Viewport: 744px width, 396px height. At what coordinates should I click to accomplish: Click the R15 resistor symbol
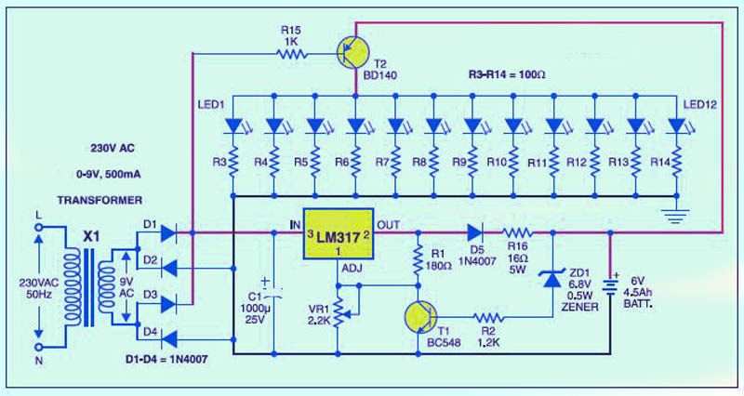point(292,55)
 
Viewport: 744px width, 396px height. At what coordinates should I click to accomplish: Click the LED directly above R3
point(234,126)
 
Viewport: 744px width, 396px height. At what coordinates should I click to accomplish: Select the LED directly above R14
point(676,126)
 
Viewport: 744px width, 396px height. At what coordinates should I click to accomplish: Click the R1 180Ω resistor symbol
point(417,261)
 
